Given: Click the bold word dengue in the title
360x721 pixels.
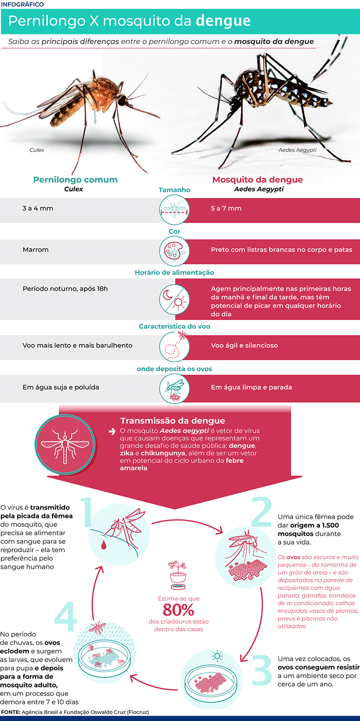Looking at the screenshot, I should click(x=223, y=21).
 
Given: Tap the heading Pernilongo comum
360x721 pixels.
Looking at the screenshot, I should click(x=75, y=179).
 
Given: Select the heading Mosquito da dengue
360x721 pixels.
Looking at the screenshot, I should click(x=257, y=179).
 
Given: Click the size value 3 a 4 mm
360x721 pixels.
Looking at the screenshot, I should click(x=38, y=208).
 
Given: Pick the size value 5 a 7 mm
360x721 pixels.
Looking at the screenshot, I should click(x=226, y=208).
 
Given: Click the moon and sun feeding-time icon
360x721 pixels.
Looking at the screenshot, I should click(x=174, y=299).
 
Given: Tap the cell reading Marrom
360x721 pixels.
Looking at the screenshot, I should click(x=36, y=250).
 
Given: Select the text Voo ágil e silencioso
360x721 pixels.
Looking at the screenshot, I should click(x=244, y=345).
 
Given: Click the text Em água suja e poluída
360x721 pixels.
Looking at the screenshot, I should click(x=61, y=387).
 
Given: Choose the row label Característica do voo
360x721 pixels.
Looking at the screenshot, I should click(x=174, y=327).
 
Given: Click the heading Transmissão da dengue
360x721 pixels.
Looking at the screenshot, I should click(x=172, y=421).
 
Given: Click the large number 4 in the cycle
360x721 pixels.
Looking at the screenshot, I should click(x=66, y=617).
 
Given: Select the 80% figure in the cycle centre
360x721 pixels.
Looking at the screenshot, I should click(x=178, y=610).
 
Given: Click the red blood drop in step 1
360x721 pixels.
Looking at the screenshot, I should click(x=104, y=545).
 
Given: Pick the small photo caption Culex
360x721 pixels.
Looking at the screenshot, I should click(x=36, y=150).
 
